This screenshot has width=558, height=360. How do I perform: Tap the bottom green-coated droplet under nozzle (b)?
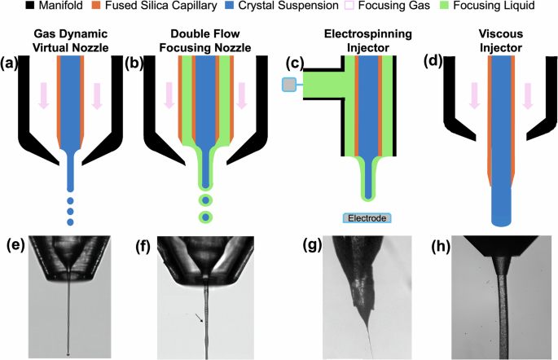pyautogui.click(x=206, y=217)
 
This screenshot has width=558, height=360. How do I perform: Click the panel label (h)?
pyautogui.click(x=429, y=244)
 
